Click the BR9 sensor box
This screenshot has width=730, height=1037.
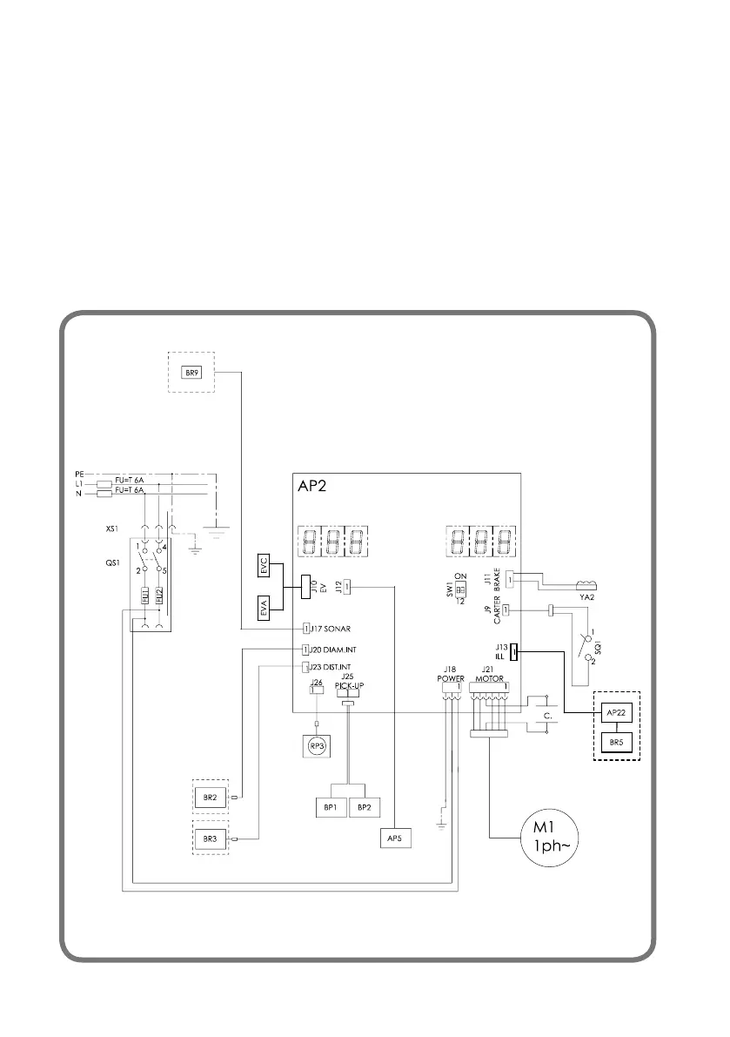[x=191, y=373]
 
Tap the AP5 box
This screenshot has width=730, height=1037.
[x=395, y=838]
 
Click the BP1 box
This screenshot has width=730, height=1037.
[x=331, y=807]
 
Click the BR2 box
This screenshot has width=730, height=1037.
[x=210, y=796]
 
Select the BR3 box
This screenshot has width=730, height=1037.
[x=210, y=838]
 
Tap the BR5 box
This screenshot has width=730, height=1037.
[x=615, y=743]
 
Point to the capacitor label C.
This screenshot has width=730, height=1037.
[x=549, y=717]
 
